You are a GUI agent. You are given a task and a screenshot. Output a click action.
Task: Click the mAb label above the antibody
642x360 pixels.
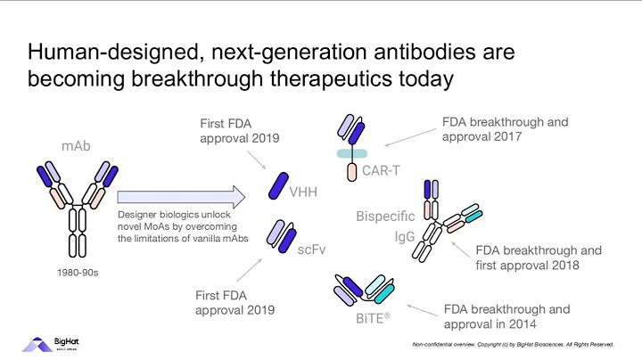(x=76, y=146)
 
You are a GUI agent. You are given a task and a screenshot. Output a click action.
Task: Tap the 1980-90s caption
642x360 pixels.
(x=75, y=273)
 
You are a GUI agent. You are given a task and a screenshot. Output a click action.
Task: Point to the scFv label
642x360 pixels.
(x=311, y=251)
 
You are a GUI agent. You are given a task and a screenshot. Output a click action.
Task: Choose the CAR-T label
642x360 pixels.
(x=382, y=169)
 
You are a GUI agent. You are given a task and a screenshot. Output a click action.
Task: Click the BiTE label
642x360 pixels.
(x=365, y=315)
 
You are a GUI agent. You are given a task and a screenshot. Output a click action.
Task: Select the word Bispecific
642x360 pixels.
(x=385, y=217)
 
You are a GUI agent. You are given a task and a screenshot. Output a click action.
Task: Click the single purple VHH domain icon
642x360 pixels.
(x=278, y=186)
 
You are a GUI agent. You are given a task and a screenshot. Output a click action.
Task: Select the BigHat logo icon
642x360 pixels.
(x=35, y=346)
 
